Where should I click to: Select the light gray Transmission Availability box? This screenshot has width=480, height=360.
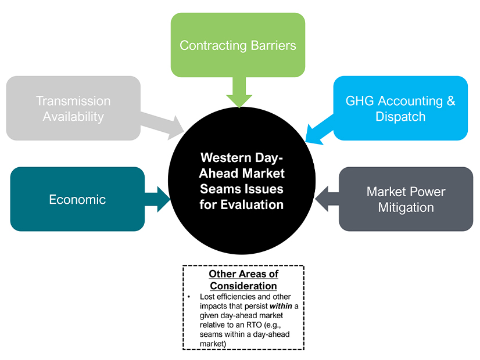(x=73, y=108)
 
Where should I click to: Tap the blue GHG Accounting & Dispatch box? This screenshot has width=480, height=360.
(x=400, y=108)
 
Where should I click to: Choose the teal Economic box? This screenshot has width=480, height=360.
(x=77, y=199)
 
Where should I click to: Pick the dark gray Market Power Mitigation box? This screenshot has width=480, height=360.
(x=406, y=199)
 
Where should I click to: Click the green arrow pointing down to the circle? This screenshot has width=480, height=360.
(x=238, y=93)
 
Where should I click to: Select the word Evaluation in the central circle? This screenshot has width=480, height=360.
(x=255, y=204)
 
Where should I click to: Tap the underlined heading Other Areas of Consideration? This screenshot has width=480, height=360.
(x=243, y=280)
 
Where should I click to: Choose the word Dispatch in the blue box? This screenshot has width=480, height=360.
(x=400, y=116)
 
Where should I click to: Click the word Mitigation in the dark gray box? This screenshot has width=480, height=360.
(x=406, y=207)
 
